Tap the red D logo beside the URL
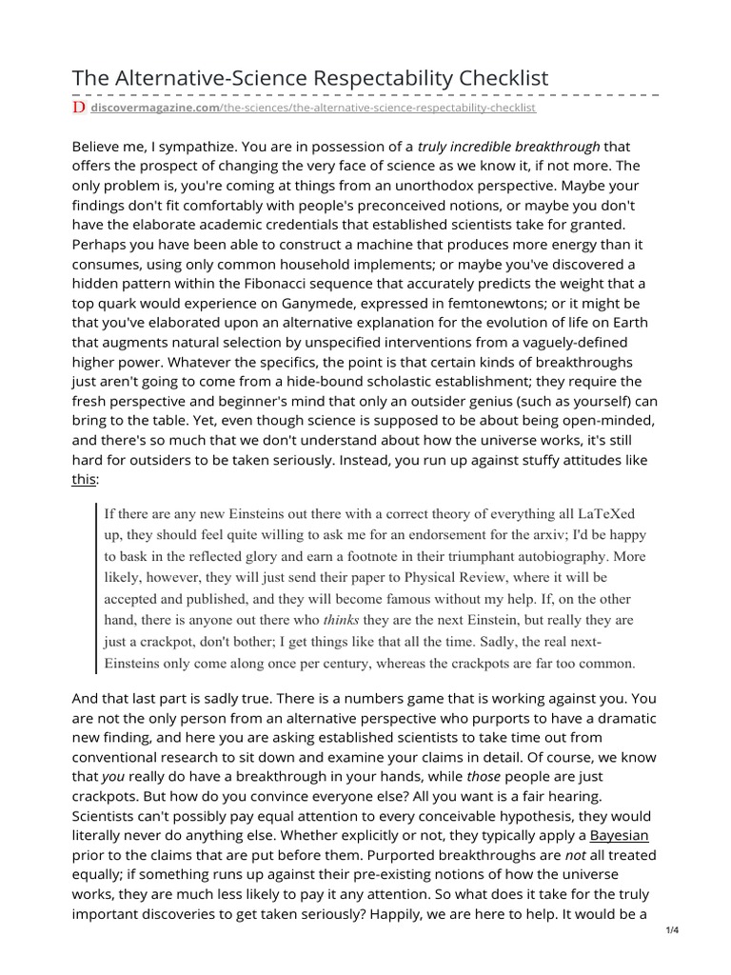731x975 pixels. click(x=79, y=109)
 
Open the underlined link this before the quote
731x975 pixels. click(x=84, y=481)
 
